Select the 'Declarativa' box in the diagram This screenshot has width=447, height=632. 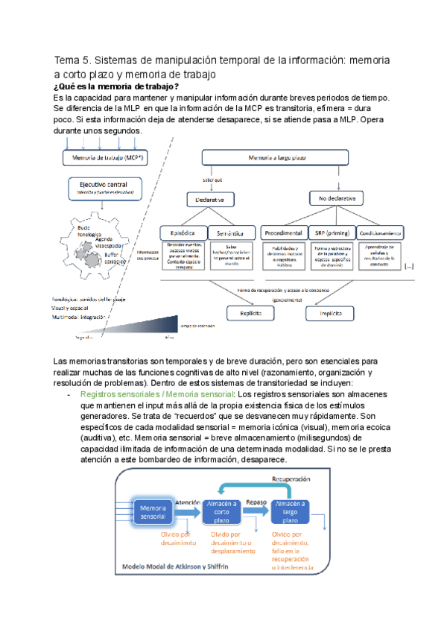tap(210, 199)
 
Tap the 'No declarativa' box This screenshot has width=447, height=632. tap(337, 199)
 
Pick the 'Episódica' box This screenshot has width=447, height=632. tap(183, 232)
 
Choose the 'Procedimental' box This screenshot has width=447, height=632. tap(282, 232)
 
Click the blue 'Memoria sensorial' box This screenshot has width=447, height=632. tap(153, 511)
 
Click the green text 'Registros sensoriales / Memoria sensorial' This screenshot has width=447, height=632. tap(157, 393)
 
